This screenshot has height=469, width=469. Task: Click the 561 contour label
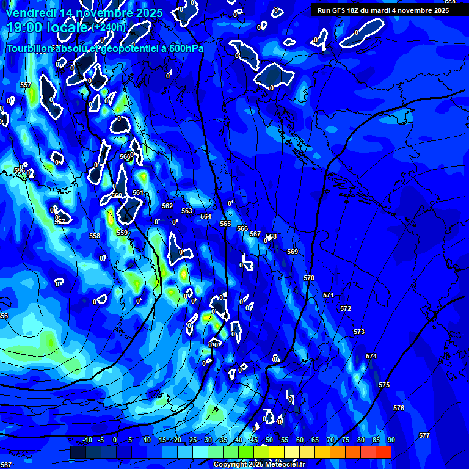click(138, 192)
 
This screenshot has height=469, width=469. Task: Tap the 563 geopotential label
click(187, 211)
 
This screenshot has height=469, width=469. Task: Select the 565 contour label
click(225, 224)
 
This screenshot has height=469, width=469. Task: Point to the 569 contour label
click(293, 252)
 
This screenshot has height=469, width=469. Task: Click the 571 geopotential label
click(329, 295)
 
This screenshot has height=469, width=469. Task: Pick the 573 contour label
click(359, 332)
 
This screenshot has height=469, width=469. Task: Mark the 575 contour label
click(384, 385)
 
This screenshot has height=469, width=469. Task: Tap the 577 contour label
click(424, 435)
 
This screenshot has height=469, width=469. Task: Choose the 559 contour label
click(122, 233)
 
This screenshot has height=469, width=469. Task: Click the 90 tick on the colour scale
click(391, 440)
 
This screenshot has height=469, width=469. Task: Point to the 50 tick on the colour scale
click(269, 440)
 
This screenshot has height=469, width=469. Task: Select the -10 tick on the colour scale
click(87, 440)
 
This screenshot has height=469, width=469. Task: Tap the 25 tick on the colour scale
click(193, 440)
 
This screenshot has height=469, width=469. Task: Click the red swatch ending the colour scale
click(383, 452)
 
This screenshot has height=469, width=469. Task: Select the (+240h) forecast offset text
click(109, 27)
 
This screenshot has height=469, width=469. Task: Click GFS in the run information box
click(340, 10)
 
